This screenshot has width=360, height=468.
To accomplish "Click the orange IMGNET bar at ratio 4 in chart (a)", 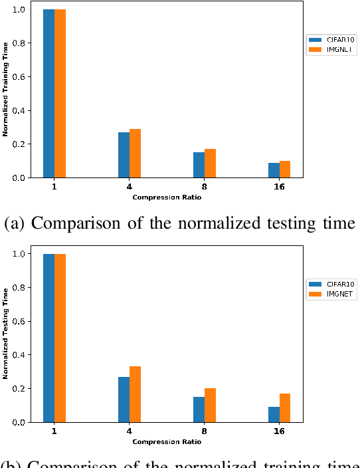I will (x=135, y=154).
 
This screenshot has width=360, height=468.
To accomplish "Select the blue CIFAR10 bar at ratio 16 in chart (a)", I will (x=274, y=170).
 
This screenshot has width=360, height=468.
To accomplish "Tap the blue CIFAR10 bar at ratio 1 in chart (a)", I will (x=48, y=94).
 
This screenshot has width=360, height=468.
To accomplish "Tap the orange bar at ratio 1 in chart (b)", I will (x=60, y=338).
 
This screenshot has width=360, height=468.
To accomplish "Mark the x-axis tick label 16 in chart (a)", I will (x=279, y=187).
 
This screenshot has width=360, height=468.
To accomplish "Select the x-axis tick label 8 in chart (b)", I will (x=204, y=431).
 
